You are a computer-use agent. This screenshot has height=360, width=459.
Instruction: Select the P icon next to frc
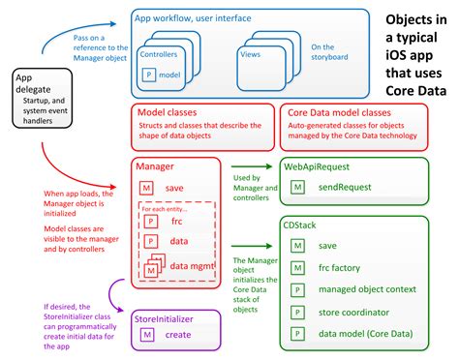tap(151, 221)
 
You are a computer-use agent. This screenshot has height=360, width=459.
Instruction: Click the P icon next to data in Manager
tap(151, 241)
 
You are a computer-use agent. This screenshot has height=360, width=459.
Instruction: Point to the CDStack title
tap(301, 224)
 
